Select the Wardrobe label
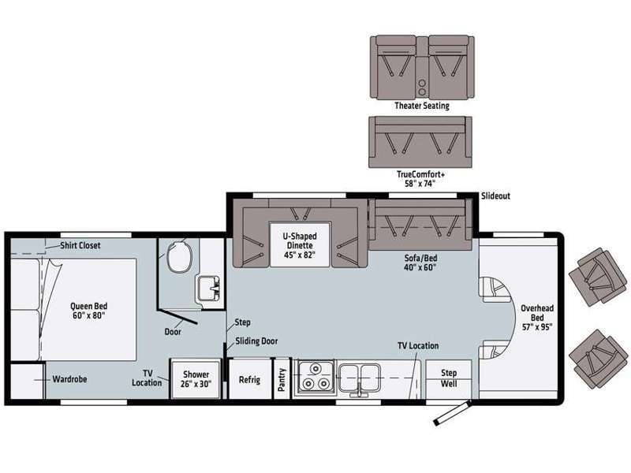click(x=69, y=378)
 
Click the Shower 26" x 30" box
click(x=195, y=379)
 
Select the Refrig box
click(x=249, y=379)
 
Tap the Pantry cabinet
click(x=282, y=379)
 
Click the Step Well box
click(x=448, y=378)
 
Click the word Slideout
click(x=495, y=196)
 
